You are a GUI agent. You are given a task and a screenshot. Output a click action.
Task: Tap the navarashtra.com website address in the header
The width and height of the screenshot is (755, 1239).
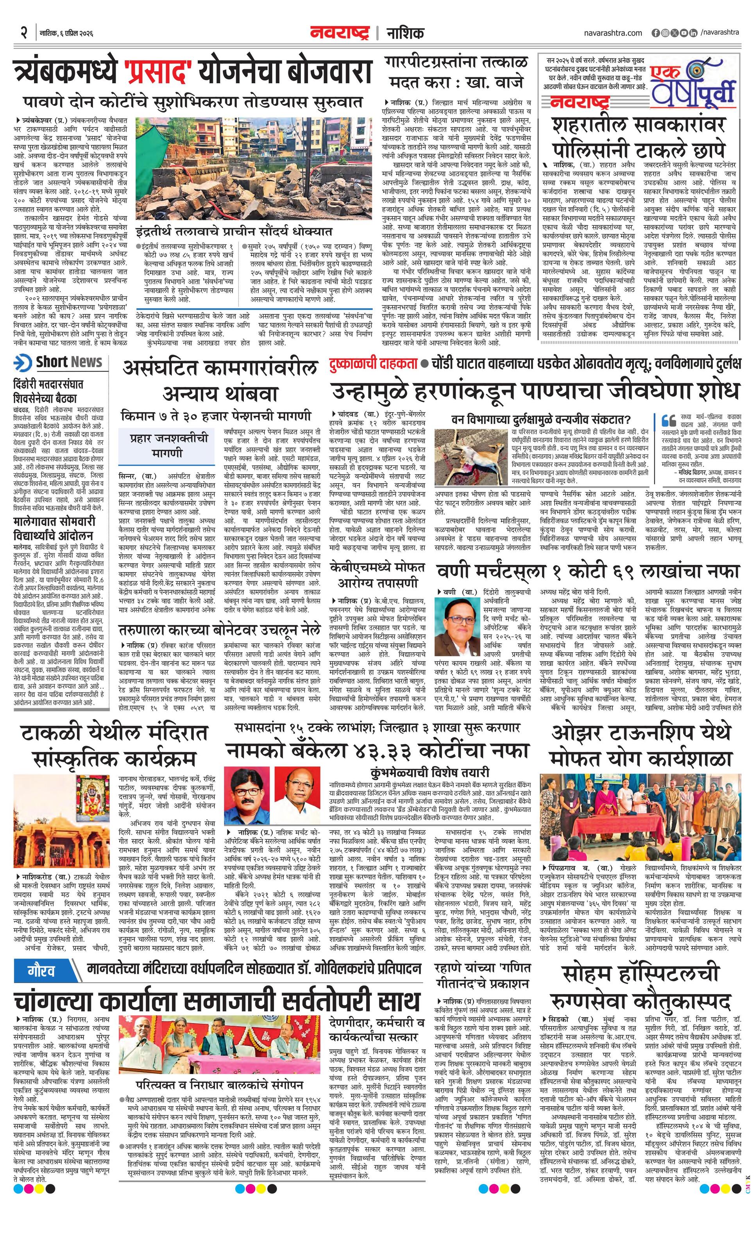click(x=613, y=33)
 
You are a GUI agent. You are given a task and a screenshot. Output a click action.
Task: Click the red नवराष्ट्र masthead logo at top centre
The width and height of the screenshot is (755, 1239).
click(x=340, y=33)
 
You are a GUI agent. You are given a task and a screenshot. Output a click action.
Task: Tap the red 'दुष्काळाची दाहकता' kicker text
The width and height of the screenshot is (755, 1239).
click(x=374, y=364)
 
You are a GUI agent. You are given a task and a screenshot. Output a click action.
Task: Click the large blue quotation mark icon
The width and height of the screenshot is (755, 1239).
click(x=669, y=420)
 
